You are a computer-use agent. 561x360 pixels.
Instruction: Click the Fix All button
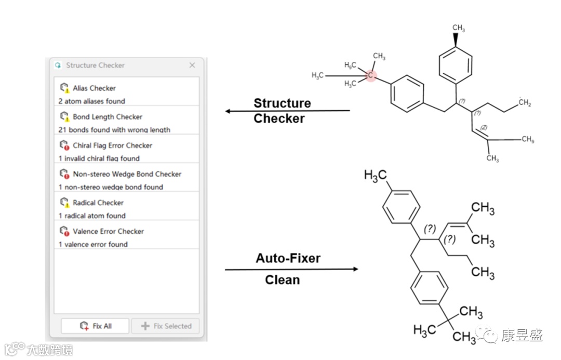[96, 326]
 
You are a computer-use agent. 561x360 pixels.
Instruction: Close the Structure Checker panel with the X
[192, 65]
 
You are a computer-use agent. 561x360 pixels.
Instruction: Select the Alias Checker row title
[94, 88]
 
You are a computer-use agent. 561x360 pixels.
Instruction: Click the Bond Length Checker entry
[107, 117]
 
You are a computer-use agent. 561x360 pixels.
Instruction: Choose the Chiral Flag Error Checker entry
[112, 145]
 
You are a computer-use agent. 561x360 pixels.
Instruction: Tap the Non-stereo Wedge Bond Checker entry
[127, 174]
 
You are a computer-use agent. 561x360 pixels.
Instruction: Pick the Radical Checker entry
[98, 203]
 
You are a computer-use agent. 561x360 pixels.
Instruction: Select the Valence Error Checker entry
[108, 231]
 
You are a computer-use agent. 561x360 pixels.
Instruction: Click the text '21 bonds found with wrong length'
[114, 130]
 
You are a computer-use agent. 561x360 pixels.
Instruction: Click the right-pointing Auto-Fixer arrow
[291, 269]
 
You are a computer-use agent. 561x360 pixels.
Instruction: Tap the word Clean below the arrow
[282, 280]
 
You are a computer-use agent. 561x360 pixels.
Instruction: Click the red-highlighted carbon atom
[370, 76]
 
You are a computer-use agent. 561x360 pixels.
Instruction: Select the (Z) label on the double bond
[484, 127]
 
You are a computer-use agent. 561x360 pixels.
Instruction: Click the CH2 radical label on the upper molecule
[525, 103]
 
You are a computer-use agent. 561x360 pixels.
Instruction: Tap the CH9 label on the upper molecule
[528, 139]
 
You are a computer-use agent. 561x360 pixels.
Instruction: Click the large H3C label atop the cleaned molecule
[375, 176]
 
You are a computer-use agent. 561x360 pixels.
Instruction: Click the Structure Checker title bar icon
[58, 65]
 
